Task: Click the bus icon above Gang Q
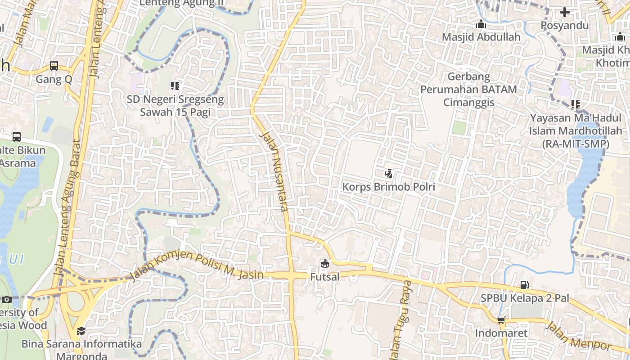coord(54,66)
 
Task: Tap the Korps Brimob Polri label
coord(388,186)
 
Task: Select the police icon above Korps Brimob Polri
coord(388,173)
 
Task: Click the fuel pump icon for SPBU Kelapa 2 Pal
coord(524,284)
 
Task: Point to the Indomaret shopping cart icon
coord(501,320)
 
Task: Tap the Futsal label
coord(325,277)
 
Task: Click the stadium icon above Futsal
coord(325,263)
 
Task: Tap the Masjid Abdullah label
coord(481,37)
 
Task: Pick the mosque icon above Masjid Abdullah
coord(481,24)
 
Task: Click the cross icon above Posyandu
coord(564,12)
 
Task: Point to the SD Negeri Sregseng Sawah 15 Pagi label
coord(175,105)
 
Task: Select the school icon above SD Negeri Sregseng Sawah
coord(175,85)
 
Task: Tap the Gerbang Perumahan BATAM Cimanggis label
coord(468,89)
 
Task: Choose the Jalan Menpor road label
coord(578,336)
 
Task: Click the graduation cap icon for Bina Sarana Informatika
coord(81,331)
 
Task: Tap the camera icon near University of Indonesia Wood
coord(6,299)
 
